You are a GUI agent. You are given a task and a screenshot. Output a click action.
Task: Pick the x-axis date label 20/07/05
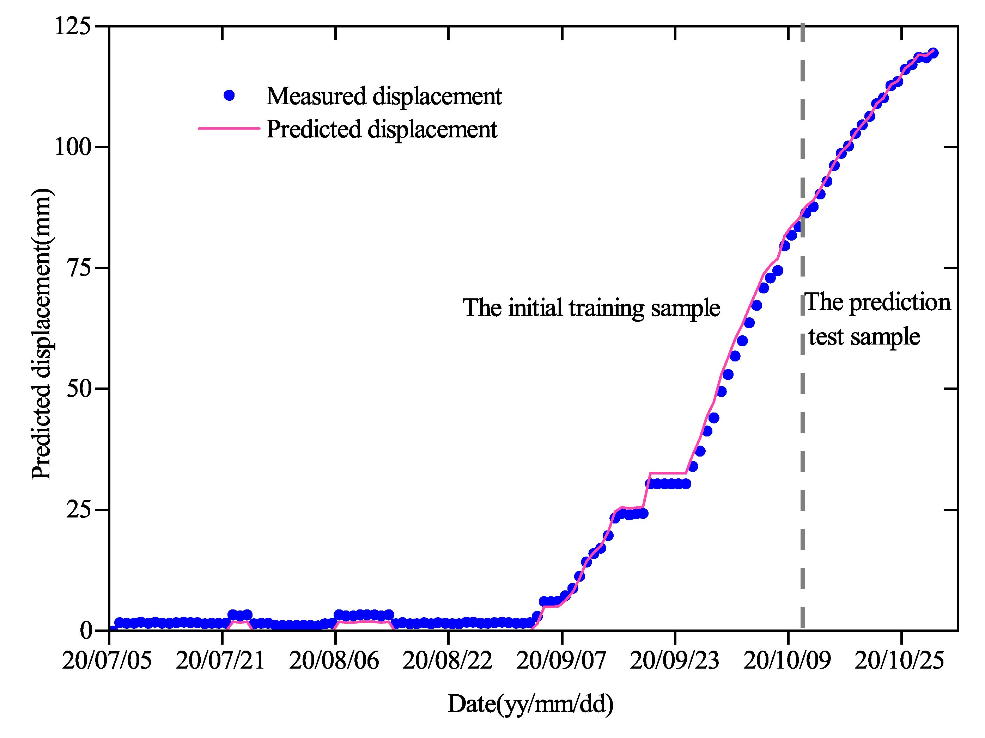107,660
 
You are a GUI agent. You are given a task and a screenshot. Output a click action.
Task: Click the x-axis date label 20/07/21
220,660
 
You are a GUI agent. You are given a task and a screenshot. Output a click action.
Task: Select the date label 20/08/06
334,660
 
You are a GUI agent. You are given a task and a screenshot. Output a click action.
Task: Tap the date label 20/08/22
448,660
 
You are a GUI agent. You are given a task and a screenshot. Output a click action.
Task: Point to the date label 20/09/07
561,660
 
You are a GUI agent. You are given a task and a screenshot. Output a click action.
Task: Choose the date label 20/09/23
675,660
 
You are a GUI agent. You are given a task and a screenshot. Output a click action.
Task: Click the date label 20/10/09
787,660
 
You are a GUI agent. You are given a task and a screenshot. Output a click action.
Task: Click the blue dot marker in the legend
229,95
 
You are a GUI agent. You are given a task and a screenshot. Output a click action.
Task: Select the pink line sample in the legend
229,128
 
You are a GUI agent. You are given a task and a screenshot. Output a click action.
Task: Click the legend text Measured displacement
384,96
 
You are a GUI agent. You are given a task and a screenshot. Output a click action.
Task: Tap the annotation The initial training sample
591,308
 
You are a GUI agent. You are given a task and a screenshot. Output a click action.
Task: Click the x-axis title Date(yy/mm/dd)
530,703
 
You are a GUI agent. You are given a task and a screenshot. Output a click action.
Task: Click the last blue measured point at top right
933,53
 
